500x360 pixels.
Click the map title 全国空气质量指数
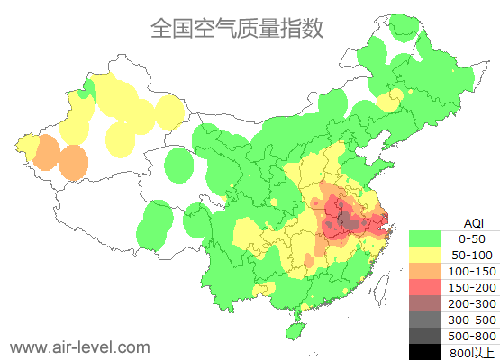tap(237, 28)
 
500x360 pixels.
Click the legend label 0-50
tap(472, 238)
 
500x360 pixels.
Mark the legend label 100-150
tap(472, 270)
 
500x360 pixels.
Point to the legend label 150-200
tap(472, 286)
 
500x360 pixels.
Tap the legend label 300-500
tap(472, 319)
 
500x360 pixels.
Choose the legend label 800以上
tap(472, 351)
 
